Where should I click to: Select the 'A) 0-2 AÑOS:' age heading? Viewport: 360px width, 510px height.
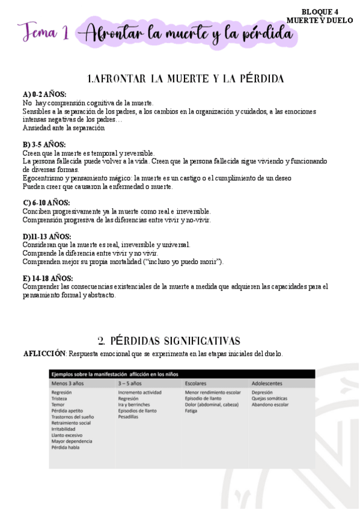point(44,94)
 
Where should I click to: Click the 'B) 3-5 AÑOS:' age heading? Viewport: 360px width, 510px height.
point(44,145)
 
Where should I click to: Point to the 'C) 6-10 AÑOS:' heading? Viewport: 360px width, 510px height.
point(46,203)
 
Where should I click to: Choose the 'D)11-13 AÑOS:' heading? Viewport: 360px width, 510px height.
point(47,237)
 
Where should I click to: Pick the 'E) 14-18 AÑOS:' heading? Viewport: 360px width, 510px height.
point(48,278)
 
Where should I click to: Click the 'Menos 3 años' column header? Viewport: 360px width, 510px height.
point(68,382)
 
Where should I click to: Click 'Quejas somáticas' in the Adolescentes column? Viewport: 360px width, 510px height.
point(269,398)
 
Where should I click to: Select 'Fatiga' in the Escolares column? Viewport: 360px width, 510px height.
point(191,411)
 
